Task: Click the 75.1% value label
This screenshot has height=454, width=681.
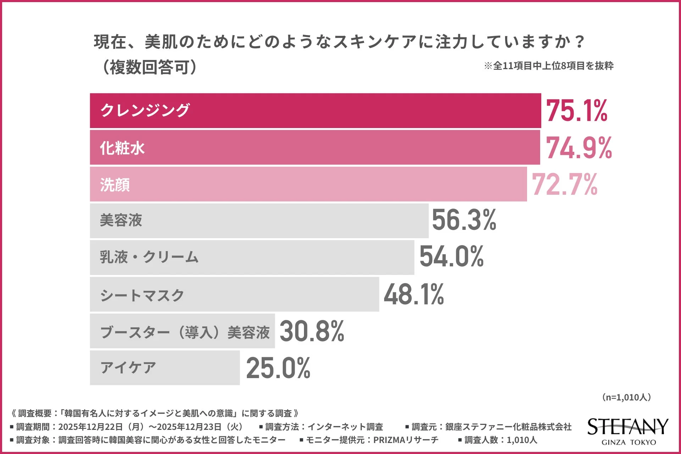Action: coord(577,111)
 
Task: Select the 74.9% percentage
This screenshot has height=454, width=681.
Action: coord(579,148)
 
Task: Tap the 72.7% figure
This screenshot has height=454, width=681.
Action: coord(565,184)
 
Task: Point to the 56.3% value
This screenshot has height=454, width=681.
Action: coord(464,220)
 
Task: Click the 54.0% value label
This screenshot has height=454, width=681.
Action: coord(452,256)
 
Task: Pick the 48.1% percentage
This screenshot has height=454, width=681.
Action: coord(414,294)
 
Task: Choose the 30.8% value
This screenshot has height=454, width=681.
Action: coord(312,331)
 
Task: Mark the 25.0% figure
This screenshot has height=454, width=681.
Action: coord(278,368)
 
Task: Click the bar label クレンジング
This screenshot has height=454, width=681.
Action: coord(145,110)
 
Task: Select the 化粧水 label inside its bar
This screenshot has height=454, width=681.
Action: coord(122,148)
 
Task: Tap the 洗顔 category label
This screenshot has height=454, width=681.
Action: coord(115,185)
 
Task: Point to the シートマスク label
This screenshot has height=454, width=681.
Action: coord(142,295)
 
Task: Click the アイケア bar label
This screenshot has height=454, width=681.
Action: coord(128,368)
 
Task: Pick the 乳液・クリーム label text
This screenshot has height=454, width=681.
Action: coord(149,257)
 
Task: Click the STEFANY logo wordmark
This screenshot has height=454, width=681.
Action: coord(628,427)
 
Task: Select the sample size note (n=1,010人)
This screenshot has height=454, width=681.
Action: coord(626,397)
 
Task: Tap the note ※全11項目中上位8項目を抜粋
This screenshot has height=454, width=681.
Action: coord(549,66)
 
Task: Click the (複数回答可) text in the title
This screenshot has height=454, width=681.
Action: coord(149,67)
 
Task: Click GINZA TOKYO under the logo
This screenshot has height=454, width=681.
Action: coord(629,442)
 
